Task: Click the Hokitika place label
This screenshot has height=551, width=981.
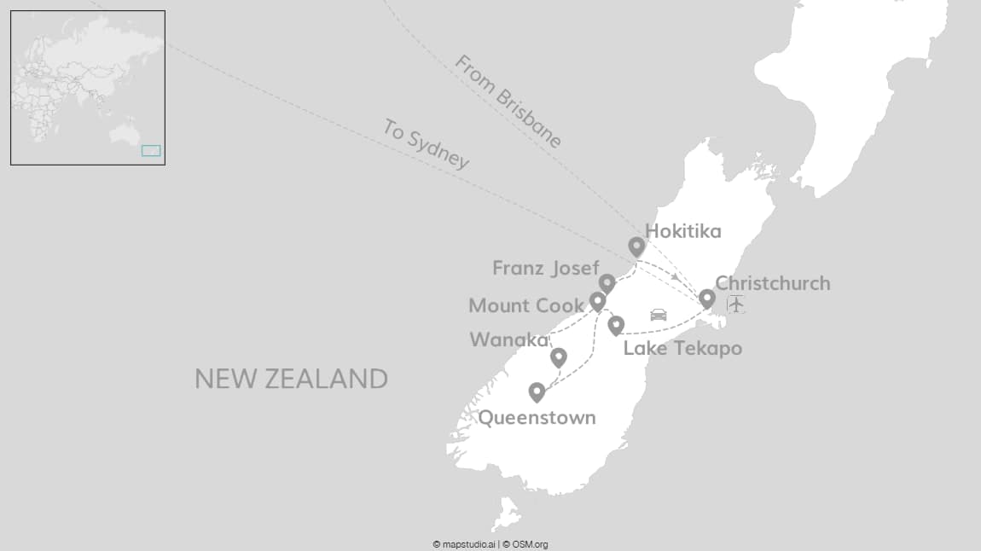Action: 682,231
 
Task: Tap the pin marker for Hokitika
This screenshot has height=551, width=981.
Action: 636,246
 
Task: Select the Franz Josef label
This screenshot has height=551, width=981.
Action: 546,268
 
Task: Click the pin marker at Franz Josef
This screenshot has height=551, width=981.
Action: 607,282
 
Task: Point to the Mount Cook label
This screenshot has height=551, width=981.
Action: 526,305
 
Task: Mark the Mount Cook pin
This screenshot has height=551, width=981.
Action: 598,301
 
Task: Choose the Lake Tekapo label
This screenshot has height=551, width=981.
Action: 682,348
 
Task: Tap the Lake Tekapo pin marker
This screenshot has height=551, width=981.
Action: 616,324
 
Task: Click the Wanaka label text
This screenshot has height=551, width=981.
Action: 509,340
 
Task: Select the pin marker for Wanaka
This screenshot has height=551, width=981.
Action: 559,357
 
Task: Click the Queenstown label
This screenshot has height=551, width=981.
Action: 537,418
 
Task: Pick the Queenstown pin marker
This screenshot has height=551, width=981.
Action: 537,391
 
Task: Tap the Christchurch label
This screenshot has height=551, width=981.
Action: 772,283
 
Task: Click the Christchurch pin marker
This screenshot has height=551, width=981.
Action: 707,299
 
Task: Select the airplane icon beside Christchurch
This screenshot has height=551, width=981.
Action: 735,304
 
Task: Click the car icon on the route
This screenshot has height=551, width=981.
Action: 658,315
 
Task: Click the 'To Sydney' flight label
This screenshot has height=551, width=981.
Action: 426,144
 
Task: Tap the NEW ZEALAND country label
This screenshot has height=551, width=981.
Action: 291,379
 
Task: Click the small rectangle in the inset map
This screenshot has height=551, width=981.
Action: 150,151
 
